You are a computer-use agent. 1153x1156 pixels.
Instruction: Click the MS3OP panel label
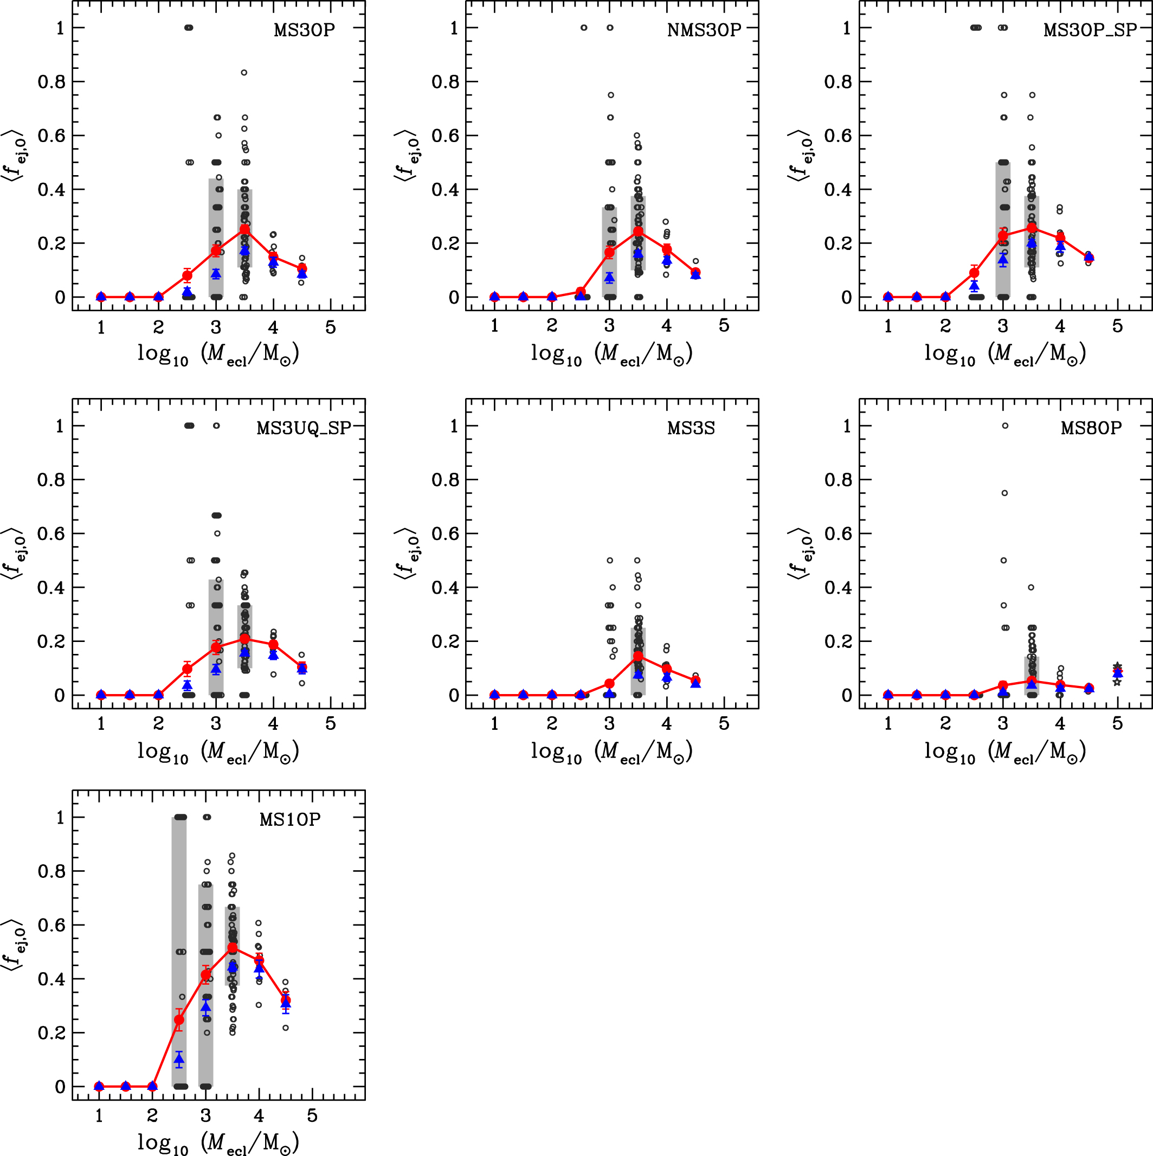coord(304,30)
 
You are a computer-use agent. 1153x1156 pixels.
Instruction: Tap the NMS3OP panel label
coord(704,30)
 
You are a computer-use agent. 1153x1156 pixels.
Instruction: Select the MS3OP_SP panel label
coord(1090,30)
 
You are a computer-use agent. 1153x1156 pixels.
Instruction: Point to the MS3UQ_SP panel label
coord(304,428)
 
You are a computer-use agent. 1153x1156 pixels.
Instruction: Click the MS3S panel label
coord(691,428)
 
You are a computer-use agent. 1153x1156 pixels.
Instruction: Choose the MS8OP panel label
coord(1091,428)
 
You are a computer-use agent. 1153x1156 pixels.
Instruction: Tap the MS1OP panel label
coord(289,819)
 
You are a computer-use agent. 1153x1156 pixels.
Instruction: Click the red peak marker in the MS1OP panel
coord(232,947)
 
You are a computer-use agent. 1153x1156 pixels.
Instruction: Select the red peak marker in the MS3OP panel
coord(244,229)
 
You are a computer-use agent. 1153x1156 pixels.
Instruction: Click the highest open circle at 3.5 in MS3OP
coord(244,73)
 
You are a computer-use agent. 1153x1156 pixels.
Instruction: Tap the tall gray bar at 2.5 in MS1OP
coord(179,952)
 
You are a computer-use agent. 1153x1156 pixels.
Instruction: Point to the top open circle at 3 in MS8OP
coord(1005,426)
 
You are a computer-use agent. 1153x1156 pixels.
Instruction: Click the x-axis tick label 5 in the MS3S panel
coord(724,723)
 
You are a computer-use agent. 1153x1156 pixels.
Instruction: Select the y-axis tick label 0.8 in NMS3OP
coord(445,81)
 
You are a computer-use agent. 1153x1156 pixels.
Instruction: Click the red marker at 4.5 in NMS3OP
coord(695,273)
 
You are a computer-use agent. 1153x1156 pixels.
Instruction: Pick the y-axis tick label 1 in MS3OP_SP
coord(846,28)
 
